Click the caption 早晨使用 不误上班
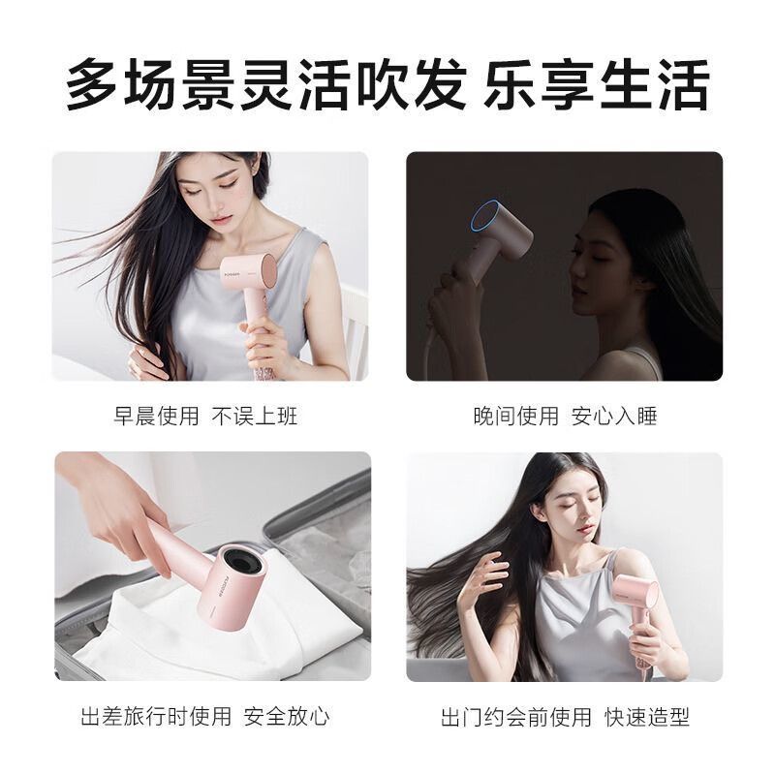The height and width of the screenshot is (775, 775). click(x=205, y=416)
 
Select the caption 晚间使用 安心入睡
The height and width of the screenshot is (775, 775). click(x=565, y=416)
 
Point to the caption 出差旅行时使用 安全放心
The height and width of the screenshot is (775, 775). click(x=205, y=716)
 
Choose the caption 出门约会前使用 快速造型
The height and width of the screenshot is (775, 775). click(x=565, y=716)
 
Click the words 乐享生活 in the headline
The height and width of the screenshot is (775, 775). click(x=597, y=84)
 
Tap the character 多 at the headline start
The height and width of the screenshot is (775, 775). click(x=92, y=84)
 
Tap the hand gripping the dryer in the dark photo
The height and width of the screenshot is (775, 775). click(x=452, y=299)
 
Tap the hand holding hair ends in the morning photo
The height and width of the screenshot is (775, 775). click(x=147, y=359)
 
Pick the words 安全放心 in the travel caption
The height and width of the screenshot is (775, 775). click(x=287, y=716)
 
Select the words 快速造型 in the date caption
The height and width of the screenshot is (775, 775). click(x=646, y=716)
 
